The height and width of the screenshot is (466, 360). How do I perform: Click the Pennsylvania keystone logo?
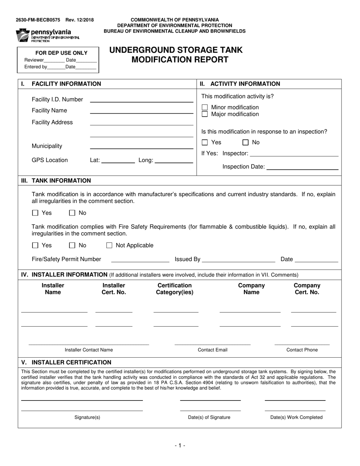point(23,35)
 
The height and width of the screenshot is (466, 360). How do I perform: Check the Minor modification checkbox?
point(205,108)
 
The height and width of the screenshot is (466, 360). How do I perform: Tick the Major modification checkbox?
point(205,114)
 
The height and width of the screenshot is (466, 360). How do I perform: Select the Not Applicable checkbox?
point(110,246)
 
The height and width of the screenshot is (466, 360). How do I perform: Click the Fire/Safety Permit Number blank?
point(140,261)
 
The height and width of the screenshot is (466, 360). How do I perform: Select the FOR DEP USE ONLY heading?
point(61,53)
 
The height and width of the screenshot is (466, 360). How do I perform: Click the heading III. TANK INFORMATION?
point(56,181)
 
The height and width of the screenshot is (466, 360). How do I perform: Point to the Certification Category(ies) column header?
point(174,289)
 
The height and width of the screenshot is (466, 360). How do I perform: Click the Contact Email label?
point(213,350)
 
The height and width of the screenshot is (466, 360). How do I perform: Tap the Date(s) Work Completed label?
point(296,417)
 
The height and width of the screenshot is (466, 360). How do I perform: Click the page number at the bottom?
point(180,446)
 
